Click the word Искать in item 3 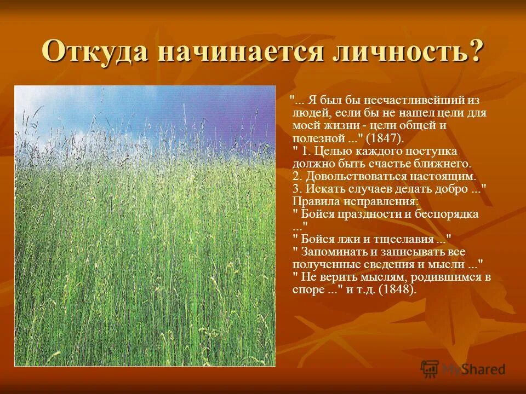pyautogui.click(x=323, y=189)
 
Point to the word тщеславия pyautogui.click(x=406, y=239)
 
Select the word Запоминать pyautogui.click(x=334, y=252)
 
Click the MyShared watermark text pyautogui.click(x=474, y=369)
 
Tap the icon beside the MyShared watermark pyautogui.click(x=430, y=369)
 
